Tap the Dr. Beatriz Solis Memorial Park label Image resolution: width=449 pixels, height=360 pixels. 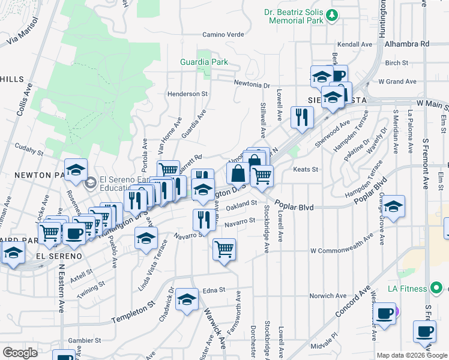294,16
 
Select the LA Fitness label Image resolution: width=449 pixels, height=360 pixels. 408,289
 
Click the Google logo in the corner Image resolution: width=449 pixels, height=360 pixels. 19,353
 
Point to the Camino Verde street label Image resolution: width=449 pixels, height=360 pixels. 221,35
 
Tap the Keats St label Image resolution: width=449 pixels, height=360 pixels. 305,170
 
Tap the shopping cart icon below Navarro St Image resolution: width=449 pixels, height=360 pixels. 224,248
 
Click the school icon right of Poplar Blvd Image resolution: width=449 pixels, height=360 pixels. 393,207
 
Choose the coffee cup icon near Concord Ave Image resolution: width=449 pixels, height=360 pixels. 384,312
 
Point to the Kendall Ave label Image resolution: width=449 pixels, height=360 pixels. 355,44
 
